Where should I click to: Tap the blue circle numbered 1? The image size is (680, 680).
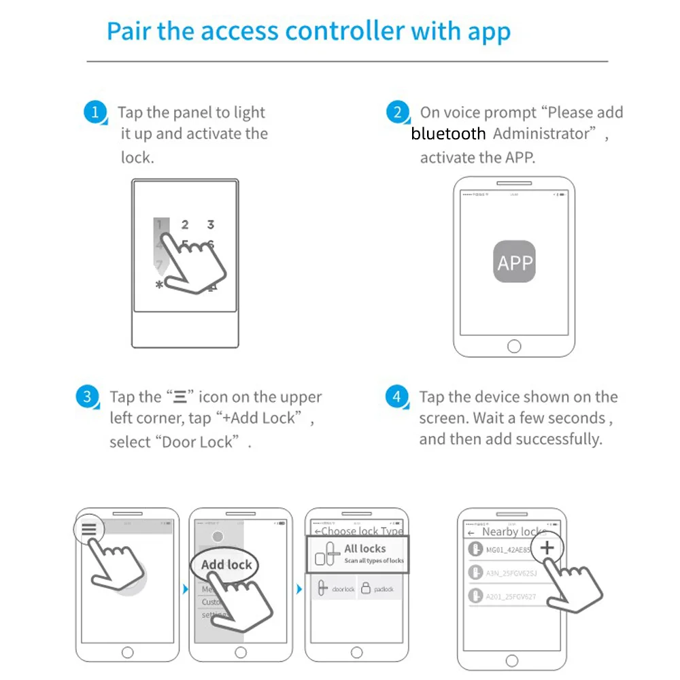coord(95,112)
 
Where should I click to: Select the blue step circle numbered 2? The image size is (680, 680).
coord(398,112)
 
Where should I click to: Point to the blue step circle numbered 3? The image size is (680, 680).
coord(87,396)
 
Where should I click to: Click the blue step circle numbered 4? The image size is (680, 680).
coord(397,396)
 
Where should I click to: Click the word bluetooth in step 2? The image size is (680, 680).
coord(448,134)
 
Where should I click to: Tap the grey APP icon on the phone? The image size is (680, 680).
coord(514,262)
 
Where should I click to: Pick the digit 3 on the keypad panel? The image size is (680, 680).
coord(211,224)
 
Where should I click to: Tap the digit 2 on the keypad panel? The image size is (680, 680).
coord(185,224)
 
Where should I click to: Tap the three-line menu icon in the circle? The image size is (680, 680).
coord(89,530)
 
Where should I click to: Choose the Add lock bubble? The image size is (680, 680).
coord(226,565)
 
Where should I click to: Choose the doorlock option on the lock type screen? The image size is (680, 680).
coord(336,589)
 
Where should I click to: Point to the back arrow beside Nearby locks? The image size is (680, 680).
coord(471,532)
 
